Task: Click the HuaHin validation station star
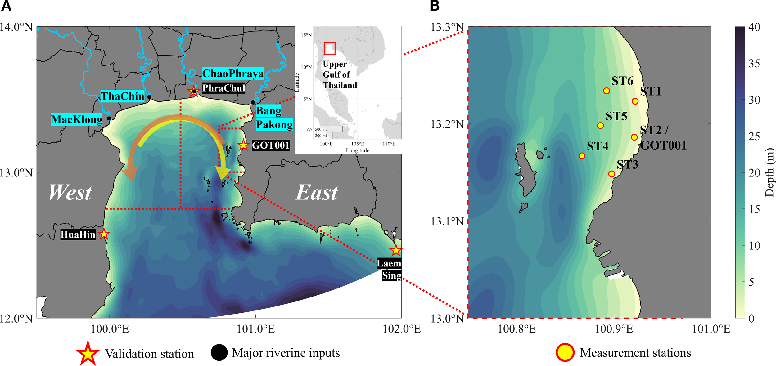104,234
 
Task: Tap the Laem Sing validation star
396,250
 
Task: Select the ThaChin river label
123,96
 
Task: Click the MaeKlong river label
77,119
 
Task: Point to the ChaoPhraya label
233,74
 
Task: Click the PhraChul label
223,88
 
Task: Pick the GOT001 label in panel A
271,145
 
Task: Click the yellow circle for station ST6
607,91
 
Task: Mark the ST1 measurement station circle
635,101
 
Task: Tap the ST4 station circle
582,156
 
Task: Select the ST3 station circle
611,174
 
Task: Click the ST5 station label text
616,116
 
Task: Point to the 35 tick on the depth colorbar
754,64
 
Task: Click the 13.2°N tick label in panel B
447,124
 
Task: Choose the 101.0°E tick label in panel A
256,329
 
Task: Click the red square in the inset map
329,48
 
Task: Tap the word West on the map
70,193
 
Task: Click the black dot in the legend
219,353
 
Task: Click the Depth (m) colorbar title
769,172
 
